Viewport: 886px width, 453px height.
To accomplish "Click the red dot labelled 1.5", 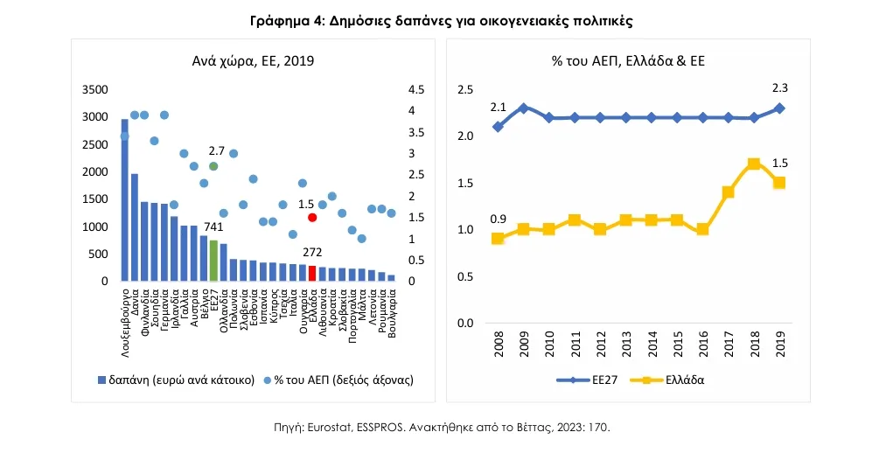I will [312, 217].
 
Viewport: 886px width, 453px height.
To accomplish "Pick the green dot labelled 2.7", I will [213, 166].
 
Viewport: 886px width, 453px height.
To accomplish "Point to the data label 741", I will [213, 226].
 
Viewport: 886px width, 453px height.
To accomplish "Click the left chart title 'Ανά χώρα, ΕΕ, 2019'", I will [253, 60].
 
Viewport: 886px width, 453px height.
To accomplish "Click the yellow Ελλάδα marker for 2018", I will [753, 164].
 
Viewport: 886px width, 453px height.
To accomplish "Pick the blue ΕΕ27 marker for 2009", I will [523, 108].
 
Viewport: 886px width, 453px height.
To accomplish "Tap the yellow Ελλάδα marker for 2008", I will [498, 238].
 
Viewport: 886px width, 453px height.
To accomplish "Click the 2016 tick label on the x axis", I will [702, 346].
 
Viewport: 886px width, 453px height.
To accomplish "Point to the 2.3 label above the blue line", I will [779, 87].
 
